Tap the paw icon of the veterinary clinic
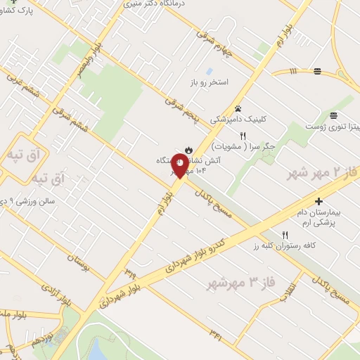(238, 108)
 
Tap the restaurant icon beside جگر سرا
(243, 136)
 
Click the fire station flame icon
(188, 148)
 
